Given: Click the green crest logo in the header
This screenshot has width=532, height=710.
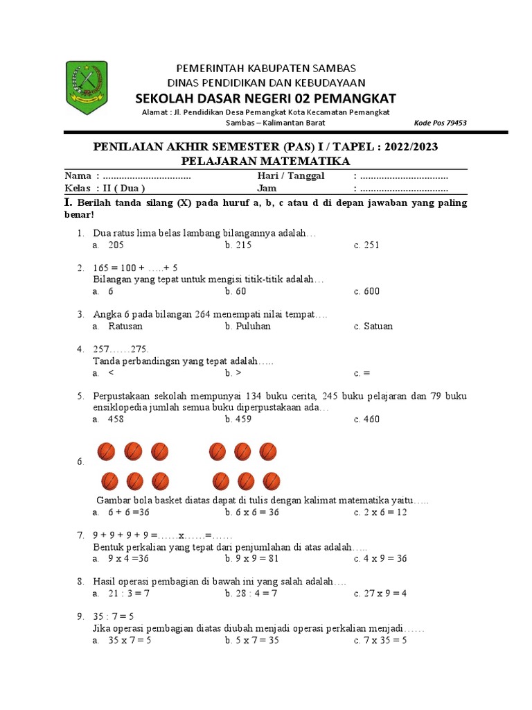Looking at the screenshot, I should (87, 87).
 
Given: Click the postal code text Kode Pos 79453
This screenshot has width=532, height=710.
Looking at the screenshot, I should (440, 123).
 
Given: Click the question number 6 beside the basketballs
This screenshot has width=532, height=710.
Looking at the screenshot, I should (80, 462).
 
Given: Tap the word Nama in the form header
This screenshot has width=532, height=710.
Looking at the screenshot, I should (77, 176).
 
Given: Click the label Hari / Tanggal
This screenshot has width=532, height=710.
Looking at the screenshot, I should (291, 176).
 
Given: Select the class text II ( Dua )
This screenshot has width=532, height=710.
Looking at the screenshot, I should (123, 188).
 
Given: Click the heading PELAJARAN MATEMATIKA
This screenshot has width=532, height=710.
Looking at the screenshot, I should (266, 161).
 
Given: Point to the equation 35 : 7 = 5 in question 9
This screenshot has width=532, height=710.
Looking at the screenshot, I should (114, 616).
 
